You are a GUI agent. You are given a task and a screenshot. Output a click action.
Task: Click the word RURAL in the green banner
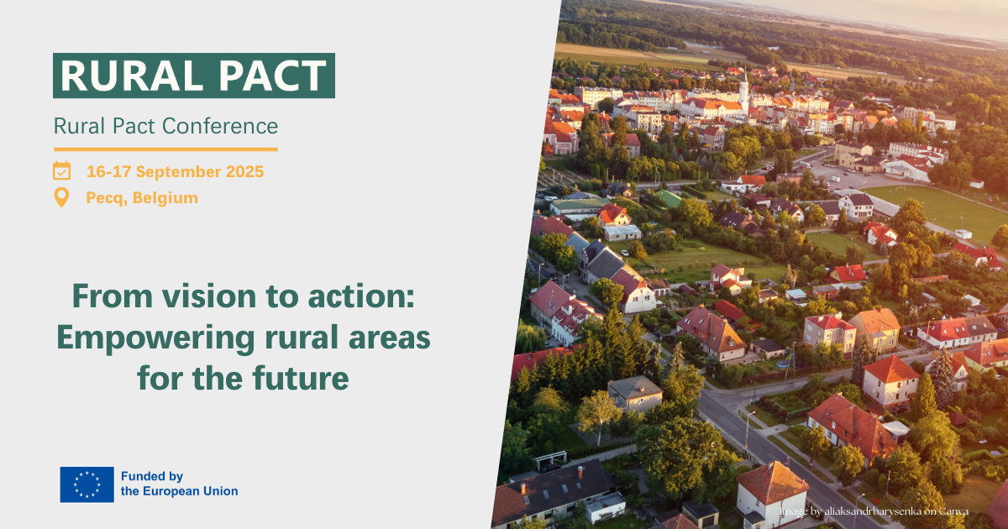pyautogui.click(x=132, y=76)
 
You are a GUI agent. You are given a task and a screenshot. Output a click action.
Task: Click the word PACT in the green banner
pyautogui.click(x=272, y=76)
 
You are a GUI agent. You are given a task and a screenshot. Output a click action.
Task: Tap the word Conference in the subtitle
pyautogui.click(x=220, y=126)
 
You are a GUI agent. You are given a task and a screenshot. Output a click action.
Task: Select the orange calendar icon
pyautogui.click(x=61, y=171)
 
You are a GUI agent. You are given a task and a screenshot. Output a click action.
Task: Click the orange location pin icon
pyautogui.click(x=61, y=197)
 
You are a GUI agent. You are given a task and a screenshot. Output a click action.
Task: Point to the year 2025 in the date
pyautogui.click(x=244, y=171)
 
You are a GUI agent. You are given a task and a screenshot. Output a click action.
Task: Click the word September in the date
pyautogui.click(x=179, y=171)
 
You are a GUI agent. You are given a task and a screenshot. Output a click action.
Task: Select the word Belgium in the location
pyautogui.click(x=165, y=198)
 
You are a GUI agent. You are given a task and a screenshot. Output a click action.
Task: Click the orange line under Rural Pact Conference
pyautogui.click(x=165, y=149)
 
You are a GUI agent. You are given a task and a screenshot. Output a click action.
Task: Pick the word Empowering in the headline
pyautogui.click(x=155, y=338)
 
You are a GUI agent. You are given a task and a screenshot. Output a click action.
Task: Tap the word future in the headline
pyautogui.click(x=301, y=378)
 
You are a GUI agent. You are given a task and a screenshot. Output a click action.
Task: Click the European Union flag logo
pyautogui.click(x=87, y=484)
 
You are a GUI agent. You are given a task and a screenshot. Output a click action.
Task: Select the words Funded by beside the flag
pyautogui.click(x=152, y=476)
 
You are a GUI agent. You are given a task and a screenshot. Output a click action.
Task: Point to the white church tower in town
pyautogui.click(x=744, y=90)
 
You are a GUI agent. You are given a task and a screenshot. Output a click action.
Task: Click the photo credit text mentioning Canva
pyautogui.click(x=874, y=511)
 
